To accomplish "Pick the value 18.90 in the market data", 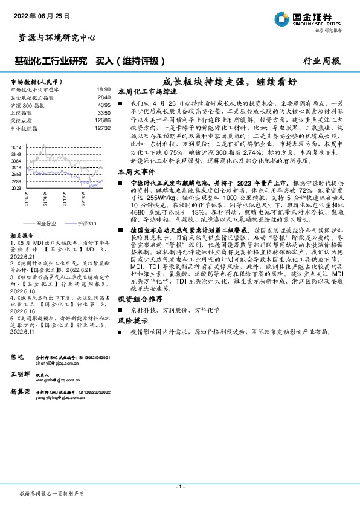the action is click(103, 89).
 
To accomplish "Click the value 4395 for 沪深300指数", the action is click(104, 105).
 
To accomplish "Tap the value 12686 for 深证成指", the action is click(103, 120).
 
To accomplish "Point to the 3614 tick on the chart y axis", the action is click(16, 148).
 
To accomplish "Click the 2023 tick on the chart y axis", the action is click(16, 188).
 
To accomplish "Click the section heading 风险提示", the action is click(132, 320).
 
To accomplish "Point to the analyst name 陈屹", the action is click(18, 358).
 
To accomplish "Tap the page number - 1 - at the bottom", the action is click(179, 487).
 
